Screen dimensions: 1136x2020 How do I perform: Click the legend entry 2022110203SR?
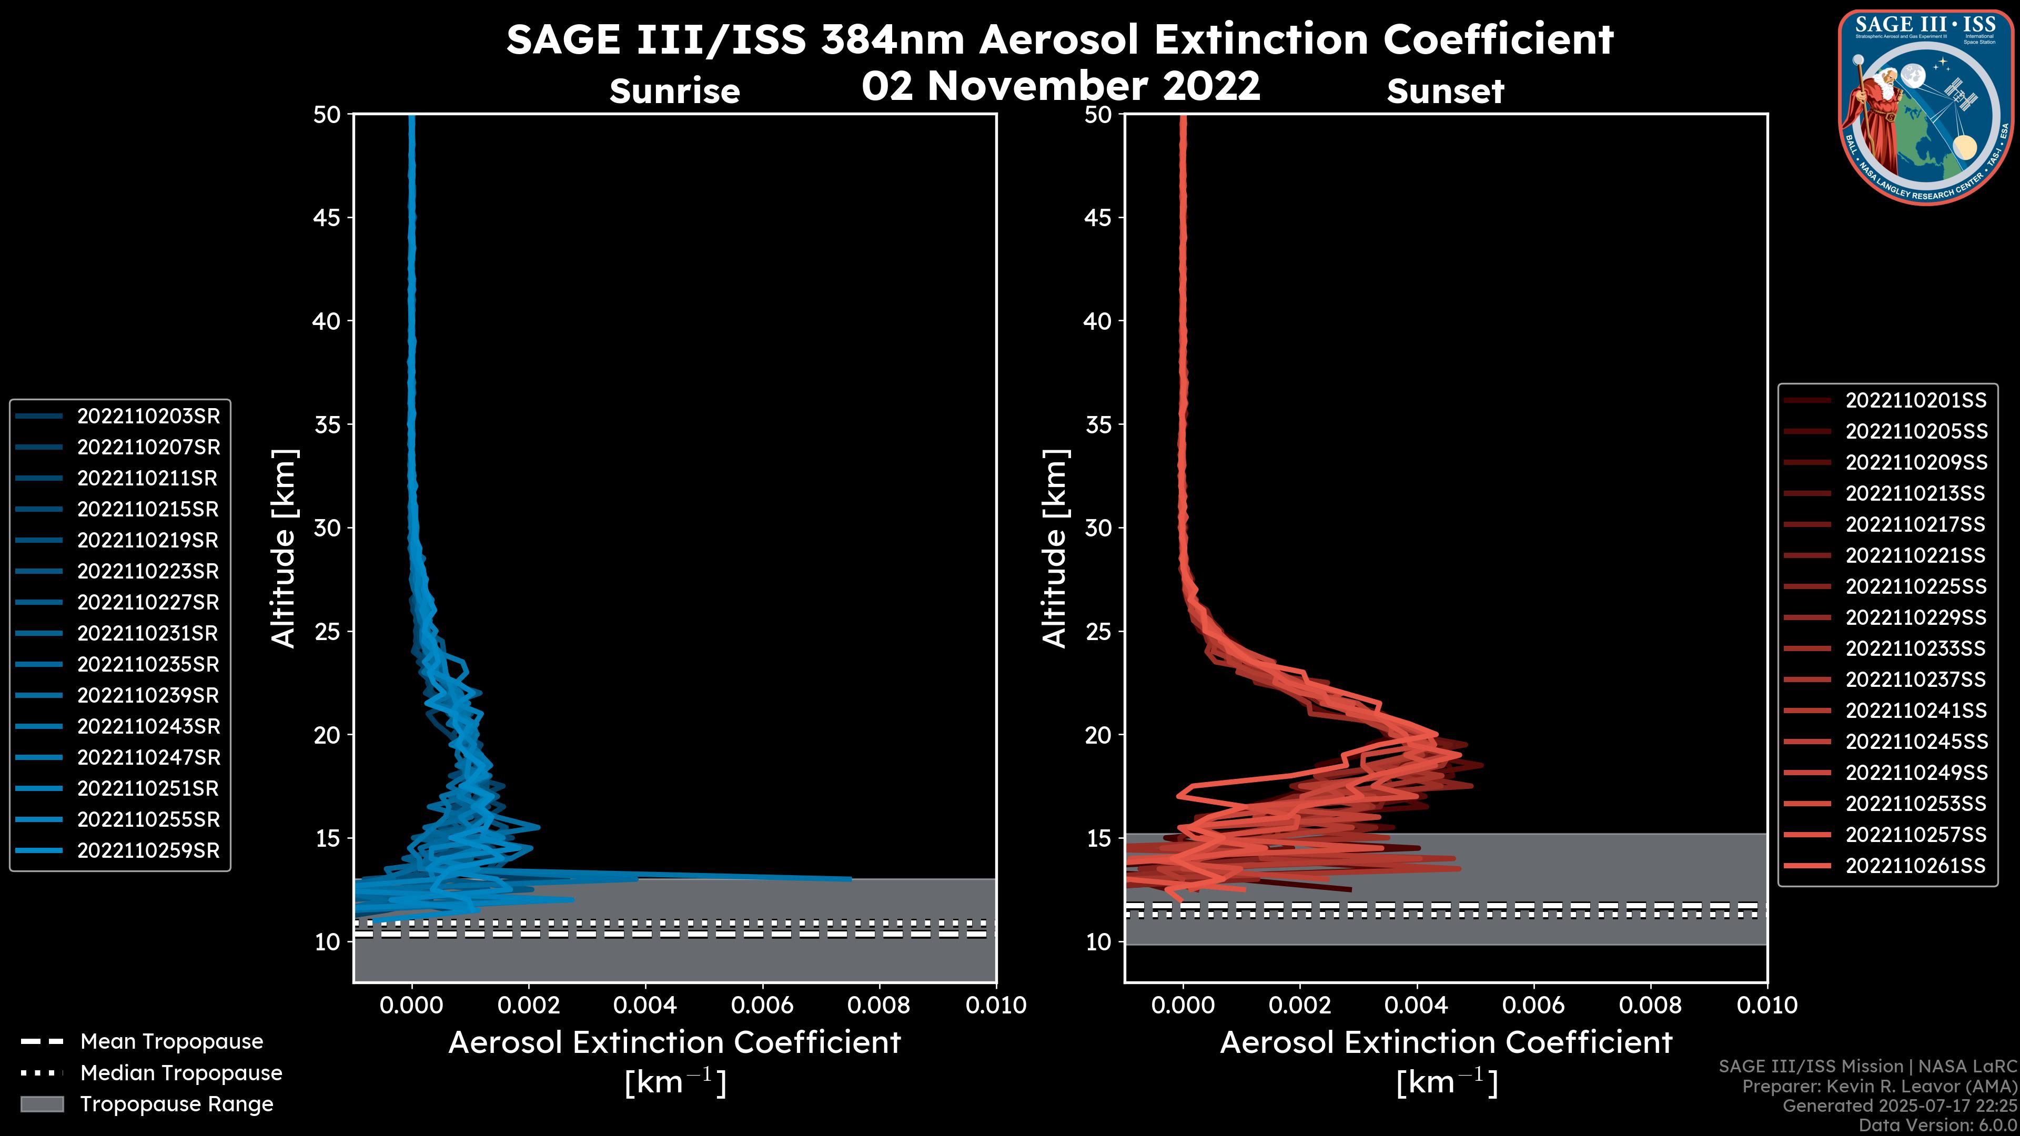click(148, 417)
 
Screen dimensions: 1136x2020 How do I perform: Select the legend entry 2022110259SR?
click(148, 850)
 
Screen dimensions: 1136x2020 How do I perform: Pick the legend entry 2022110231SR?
click(148, 633)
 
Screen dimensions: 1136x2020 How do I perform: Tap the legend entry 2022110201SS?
click(1916, 401)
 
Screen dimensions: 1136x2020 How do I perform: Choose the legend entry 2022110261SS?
click(1916, 866)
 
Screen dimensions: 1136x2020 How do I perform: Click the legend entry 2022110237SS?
click(1916, 679)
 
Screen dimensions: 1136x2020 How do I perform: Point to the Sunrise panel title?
click(674, 92)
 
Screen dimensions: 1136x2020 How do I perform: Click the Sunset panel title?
click(1445, 92)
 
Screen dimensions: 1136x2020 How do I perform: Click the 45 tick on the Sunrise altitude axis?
click(327, 217)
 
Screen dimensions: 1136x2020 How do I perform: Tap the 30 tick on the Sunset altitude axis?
click(1098, 528)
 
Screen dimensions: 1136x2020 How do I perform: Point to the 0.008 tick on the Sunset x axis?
click(1651, 1005)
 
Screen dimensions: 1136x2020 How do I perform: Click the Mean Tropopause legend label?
click(171, 1042)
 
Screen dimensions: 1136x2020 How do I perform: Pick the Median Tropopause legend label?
click(181, 1073)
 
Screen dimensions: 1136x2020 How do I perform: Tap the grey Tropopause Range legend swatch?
click(42, 1104)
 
